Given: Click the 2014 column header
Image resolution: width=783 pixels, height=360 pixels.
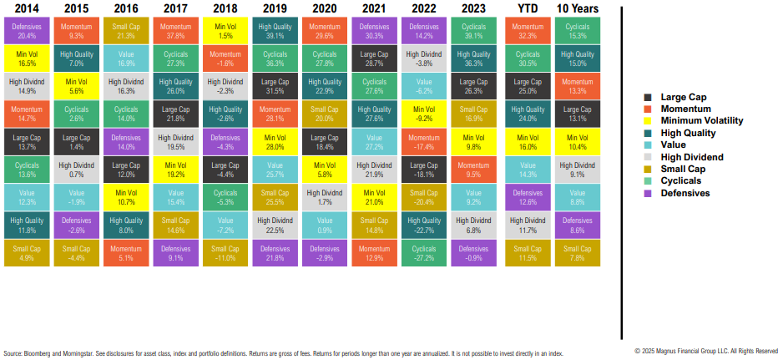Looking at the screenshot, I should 24,9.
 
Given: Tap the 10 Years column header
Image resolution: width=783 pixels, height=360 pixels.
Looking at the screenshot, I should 575,9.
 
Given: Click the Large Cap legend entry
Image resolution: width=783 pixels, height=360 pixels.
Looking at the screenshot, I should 684,97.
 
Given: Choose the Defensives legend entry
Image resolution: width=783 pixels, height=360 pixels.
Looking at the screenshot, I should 684,192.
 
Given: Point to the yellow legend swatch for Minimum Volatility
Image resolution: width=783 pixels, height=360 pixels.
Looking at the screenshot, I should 648,121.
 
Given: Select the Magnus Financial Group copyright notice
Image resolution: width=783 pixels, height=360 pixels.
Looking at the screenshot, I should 706,351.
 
